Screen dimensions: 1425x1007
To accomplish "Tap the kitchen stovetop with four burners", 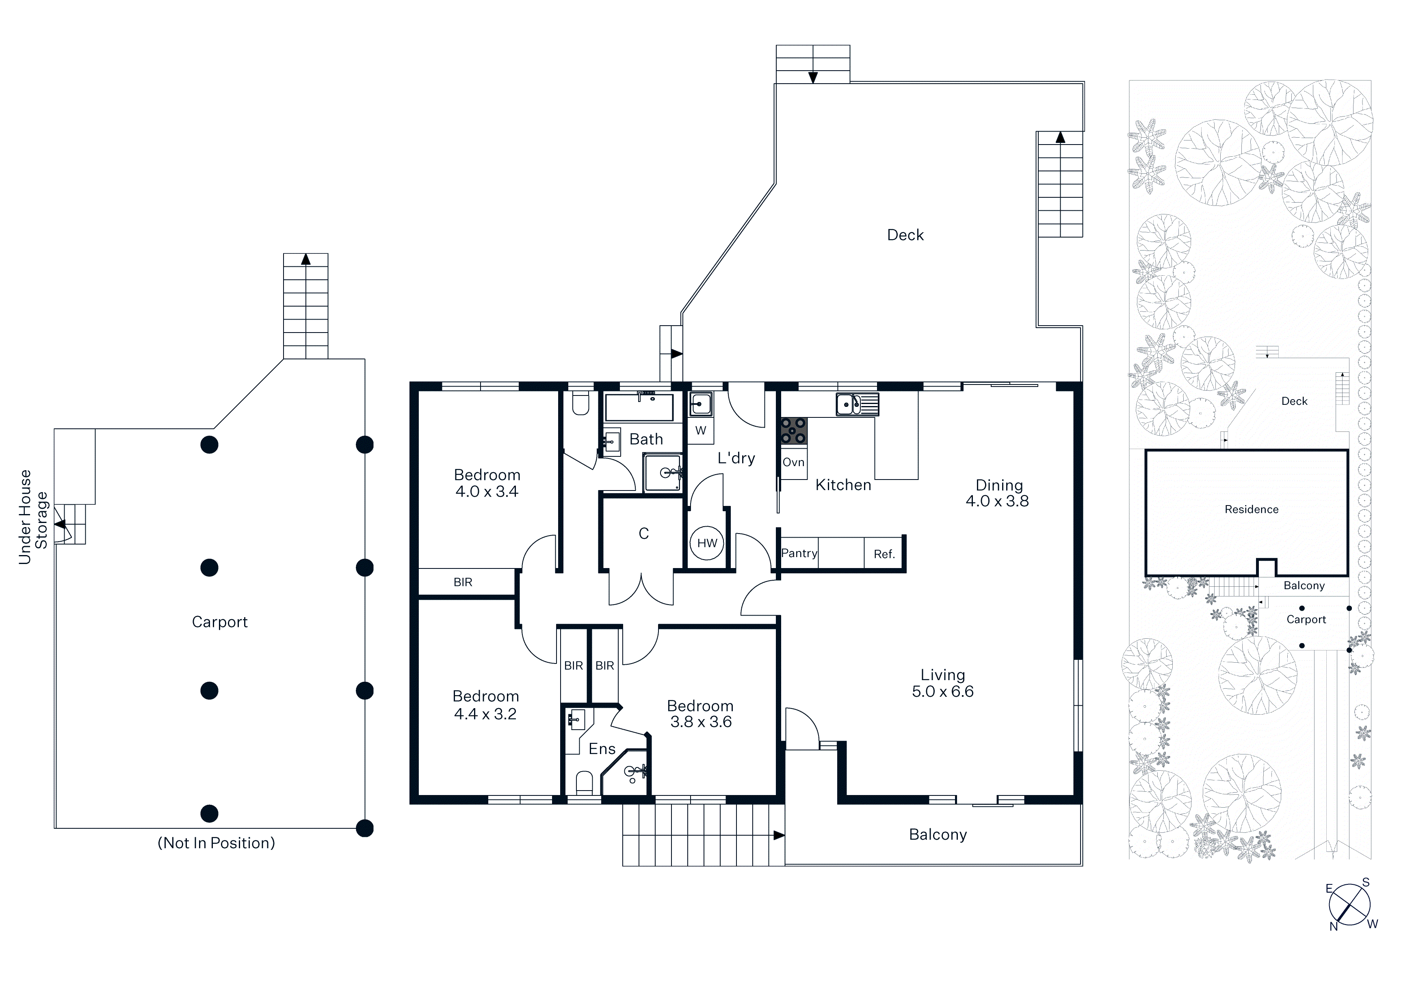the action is [x=794, y=430].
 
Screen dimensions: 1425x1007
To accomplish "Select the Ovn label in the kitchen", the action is [x=793, y=462].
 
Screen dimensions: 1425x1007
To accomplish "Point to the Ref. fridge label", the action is [x=884, y=554].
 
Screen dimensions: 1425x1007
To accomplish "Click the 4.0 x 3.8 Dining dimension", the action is [x=997, y=501].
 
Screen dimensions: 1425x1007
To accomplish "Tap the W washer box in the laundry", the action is [x=701, y=430].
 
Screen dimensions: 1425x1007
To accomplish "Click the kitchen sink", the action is [x=857, y=404].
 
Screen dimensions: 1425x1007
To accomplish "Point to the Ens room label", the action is [x=602, y=749].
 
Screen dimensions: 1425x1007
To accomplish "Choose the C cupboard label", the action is [x=643, y=534].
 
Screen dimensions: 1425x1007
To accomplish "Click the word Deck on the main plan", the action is [x=905, y=235].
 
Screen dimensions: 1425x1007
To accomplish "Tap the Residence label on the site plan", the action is [x=1251, y=510].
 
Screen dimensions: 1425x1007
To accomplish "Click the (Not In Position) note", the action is [x=216, y=843].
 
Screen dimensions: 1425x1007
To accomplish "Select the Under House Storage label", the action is [x=33, y=517].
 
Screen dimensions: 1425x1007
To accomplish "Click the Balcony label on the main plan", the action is [x=938, y=835].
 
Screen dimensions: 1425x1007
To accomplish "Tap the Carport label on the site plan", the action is [x=1306, y=619].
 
